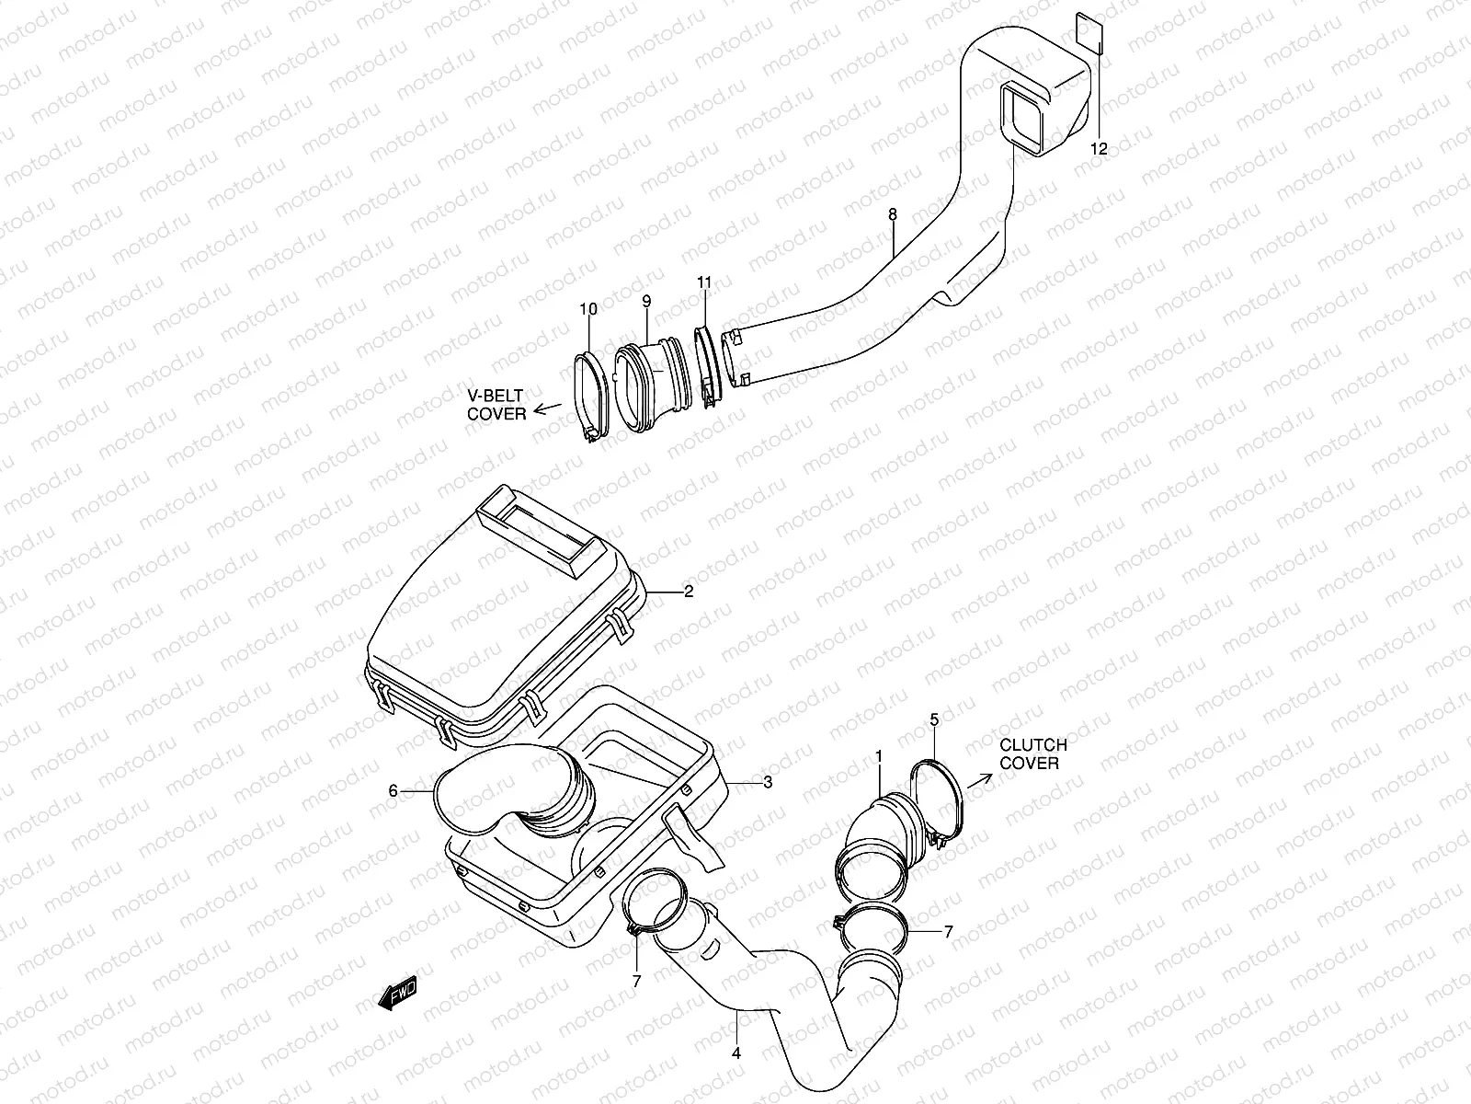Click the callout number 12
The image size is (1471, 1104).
[1100, 148]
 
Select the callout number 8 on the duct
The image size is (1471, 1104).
[892, 214]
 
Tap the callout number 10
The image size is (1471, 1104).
[588, 309]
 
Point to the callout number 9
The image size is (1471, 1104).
[646, 301]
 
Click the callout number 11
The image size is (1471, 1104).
[704, 283]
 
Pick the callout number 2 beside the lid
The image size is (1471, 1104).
[688, 592]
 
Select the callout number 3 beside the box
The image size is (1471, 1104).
[767, 782]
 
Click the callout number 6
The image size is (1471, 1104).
[393, 790]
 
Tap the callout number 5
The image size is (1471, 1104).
[934, 719]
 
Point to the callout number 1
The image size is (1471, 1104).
[879, 755]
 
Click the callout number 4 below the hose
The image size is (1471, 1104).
[735, 1052]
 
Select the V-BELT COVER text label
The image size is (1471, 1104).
[496, 405]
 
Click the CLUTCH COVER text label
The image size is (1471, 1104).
[1033, 753]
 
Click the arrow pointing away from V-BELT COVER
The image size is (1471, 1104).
[548, 408]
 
